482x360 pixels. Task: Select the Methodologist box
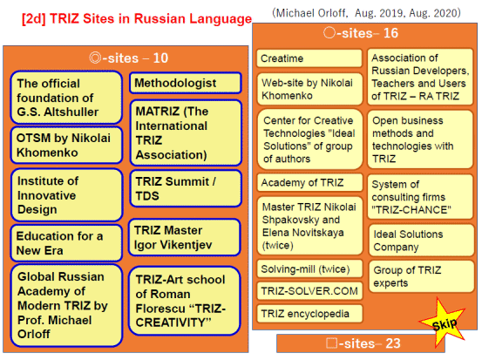[186, 83]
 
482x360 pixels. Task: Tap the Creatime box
[309, 58]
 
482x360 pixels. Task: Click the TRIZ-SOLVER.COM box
[309, 291]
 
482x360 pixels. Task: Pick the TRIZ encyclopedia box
[309, 314]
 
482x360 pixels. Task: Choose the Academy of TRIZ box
[309, 182]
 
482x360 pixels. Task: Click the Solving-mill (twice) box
[309, 269]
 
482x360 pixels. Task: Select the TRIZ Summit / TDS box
[186, 188]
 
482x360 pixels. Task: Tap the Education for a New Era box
[66, 243]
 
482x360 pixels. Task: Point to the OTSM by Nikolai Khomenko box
[66, 145]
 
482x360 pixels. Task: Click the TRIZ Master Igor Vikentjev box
[185, 237]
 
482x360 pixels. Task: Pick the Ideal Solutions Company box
[422, 241]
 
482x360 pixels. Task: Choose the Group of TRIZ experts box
[422, 276]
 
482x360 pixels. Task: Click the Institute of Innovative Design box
[67, 195]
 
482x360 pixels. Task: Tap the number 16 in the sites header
[390, 33]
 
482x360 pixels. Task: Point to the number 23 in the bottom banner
[393, 343]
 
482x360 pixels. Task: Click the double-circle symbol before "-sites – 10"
[95, 58]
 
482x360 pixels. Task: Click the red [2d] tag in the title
[34, 19]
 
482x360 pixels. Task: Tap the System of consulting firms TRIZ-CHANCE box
[420, 197]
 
